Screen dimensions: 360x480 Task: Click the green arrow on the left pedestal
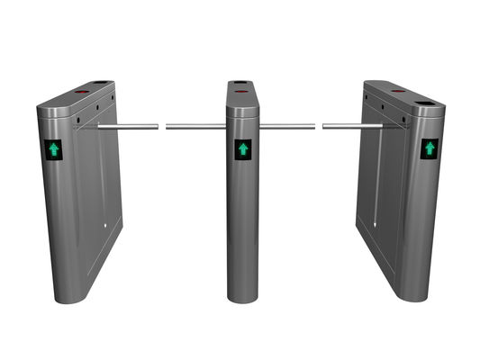(55, 149)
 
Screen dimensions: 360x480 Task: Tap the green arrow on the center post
(242, 148)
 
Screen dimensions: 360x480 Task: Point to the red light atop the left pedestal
(78, 91)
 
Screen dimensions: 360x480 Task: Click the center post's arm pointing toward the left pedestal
(195, 126)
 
